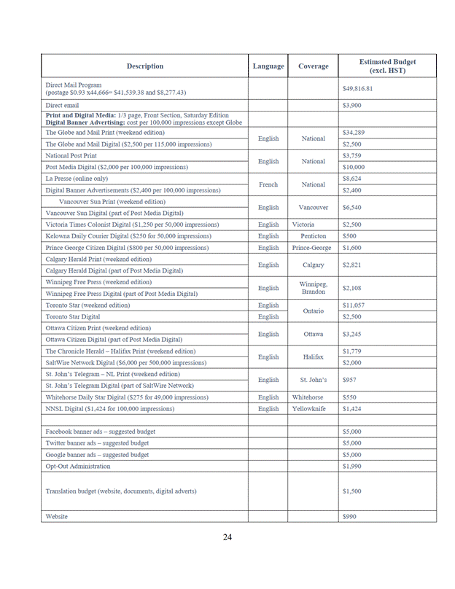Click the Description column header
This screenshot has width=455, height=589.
tap(144, 66)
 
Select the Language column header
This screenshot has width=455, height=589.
tap(268, 66)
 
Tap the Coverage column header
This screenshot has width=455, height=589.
tap(314, 66)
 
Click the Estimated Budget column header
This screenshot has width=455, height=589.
tap(388, 66)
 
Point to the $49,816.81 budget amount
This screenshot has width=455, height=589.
tap(357, 89)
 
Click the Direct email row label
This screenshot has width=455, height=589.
tap(62, 106)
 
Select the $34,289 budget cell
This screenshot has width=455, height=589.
tap(353, 133)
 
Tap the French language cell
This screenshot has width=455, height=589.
tap(268, 184)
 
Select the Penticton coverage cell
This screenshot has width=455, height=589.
tap(314, 236)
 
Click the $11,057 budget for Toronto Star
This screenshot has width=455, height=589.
tap(353, 305)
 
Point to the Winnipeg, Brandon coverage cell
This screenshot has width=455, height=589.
tap(314, 288)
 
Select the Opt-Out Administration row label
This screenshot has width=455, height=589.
tap(78, 466)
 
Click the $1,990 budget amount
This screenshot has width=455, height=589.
tap(351, 466)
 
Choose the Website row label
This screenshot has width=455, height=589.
tap(57, 516)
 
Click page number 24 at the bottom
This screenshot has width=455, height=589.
tap(227, 537)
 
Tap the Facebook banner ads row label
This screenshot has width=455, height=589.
tap(90, 432)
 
